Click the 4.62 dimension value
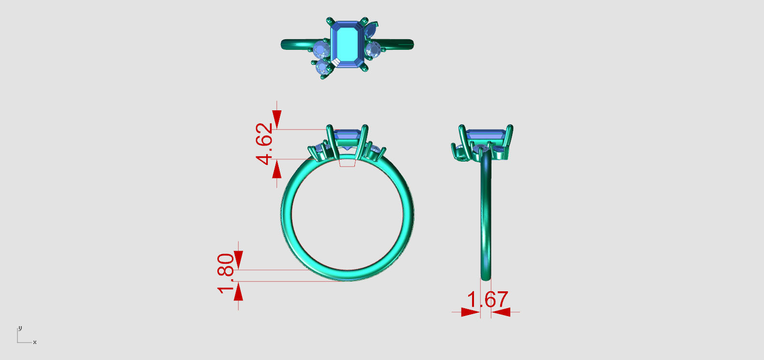tap(264, 144)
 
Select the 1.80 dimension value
tap(226, 273)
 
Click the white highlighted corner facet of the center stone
tap(335, 62)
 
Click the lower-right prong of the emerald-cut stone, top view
tap(365, 69)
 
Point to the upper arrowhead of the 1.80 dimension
tap(238, 258)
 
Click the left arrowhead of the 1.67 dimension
tap(470, 312)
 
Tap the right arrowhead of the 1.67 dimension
tap(502, 312)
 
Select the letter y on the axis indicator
tap(20, 328)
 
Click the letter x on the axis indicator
tap(35, 343)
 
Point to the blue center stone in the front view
tap(347, 135)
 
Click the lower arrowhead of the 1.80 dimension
tap(238, 292)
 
